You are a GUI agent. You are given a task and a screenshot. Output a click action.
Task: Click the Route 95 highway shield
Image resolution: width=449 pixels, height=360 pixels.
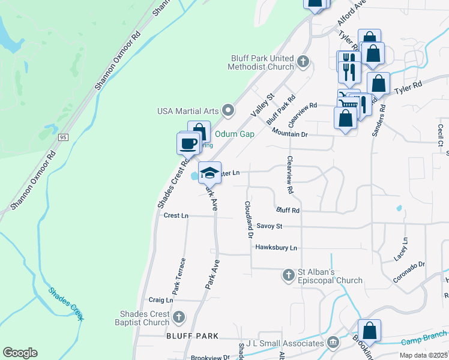(x=63, y=137)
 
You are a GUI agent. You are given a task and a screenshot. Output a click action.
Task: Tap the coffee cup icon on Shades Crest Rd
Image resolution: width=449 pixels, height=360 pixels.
(x=188, y=144)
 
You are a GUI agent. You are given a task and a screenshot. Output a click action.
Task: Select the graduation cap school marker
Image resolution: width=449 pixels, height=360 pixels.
(x=209, y=173)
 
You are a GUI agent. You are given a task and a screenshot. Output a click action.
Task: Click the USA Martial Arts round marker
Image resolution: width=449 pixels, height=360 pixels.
(x=228, y=110)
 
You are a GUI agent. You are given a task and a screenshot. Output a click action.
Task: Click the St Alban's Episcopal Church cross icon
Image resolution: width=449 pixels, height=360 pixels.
(x=288, y=275)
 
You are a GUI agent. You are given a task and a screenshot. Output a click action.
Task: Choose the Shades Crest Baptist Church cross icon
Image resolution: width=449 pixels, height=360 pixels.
(x=178, y=316)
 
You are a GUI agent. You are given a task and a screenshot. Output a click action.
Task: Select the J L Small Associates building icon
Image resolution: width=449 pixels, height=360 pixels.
(x=333, y=343)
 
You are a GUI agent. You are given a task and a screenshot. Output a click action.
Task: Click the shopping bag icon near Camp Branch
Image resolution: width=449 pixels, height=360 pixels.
(x=370, y=331)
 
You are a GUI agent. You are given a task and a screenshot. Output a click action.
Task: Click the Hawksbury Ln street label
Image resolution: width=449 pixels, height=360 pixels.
(x=276, y=247)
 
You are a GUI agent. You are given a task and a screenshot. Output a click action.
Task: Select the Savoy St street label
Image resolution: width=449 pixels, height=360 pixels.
(x=269, y=226)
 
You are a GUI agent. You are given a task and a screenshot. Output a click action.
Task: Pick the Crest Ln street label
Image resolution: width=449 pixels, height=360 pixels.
(x=176, y=215)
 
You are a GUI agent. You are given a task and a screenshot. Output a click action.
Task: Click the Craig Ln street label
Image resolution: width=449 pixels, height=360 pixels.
(x=161, y=299)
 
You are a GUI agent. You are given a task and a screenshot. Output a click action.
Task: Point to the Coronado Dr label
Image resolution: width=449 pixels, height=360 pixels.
(x=409, y=272)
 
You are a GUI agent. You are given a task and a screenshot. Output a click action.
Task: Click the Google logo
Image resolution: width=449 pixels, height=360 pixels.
(x=20, y=353)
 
